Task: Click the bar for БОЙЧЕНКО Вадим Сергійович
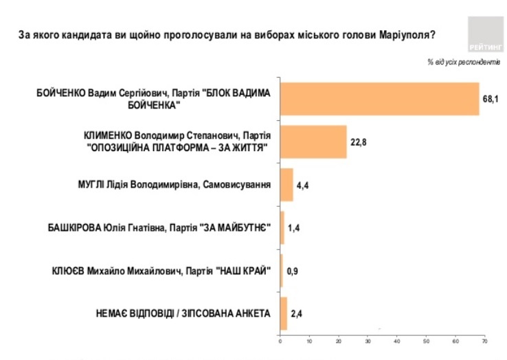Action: (x=379, y=99)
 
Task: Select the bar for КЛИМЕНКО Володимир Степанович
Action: (x=313, y=142)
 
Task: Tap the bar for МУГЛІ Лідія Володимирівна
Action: (x=286, y=184)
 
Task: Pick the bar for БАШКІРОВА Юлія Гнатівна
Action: (x=282, y=227)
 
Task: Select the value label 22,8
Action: (x=358, y=142)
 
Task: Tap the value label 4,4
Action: (x=302, y=185)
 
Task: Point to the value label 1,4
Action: (x=293, y=227)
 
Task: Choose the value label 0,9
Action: (x=292, y=270)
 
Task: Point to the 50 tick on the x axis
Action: (x=426, y=340)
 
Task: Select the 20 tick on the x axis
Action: (x=339, y=340)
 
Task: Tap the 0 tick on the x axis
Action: (x=280, y=340)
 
